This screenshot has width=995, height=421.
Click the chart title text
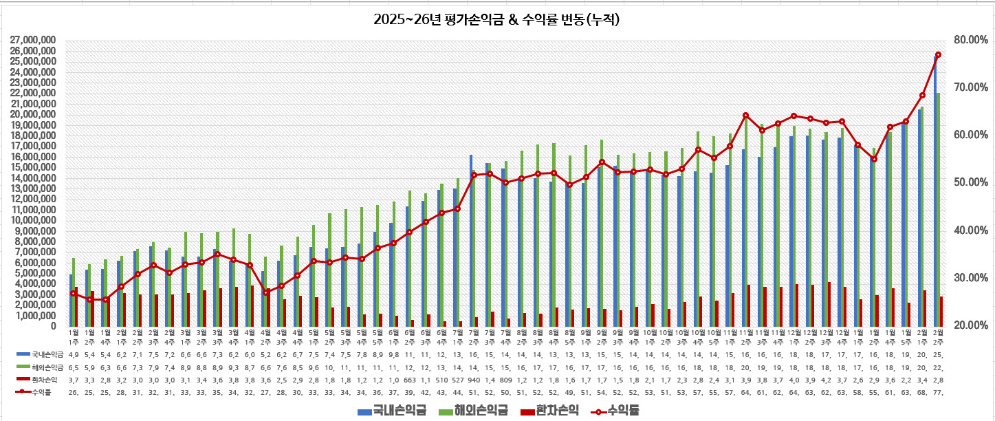497,19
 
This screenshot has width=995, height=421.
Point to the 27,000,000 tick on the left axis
34,40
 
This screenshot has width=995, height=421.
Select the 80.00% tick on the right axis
966,40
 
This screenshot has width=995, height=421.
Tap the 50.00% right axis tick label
966,182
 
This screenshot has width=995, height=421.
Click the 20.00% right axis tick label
966,325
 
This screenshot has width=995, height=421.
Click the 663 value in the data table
409,379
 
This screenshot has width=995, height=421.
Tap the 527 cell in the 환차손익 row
457,379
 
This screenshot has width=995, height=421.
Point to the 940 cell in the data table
473,379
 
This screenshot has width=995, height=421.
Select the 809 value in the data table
505,379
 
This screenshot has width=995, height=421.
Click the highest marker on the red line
938,54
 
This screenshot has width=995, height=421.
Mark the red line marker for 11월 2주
745,116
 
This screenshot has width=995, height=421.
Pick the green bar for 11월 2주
746,220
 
